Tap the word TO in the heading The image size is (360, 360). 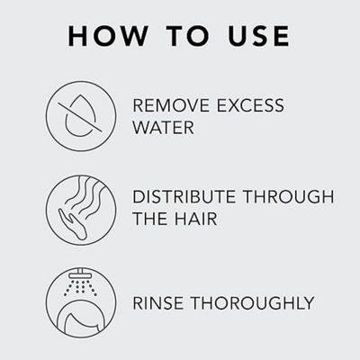pos(188,36)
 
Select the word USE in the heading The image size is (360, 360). pos(258,36)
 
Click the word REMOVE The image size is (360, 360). pos(171,105)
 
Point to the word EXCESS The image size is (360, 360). pos(250,105)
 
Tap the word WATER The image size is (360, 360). pos(164,128)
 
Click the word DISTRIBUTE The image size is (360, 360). pos(184,197)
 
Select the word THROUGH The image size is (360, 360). pos(289,197)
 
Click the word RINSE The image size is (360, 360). pos(157,303)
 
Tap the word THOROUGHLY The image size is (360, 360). pos(253,303)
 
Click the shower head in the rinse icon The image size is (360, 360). pos(81,274)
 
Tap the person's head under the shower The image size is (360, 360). pos(80,321)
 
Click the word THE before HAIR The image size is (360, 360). pos(150,219)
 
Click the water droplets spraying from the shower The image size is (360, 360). pos(80,287)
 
